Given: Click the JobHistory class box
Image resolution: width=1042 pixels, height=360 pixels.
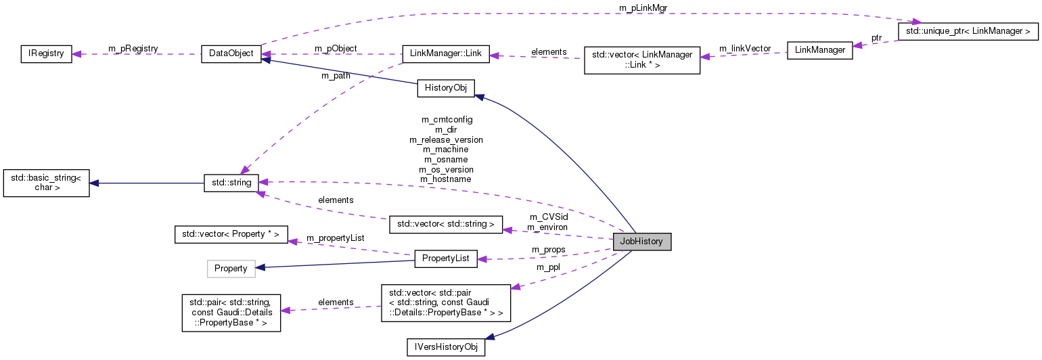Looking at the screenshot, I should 641,242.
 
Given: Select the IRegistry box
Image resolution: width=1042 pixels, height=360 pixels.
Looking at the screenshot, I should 45,54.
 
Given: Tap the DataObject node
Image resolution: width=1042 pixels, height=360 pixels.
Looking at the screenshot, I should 231,54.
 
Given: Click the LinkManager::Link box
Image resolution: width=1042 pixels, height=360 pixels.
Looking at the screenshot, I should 445,54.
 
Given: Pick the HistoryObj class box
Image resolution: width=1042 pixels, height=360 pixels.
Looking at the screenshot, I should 446,89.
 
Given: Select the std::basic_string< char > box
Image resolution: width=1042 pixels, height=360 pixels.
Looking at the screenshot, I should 47,183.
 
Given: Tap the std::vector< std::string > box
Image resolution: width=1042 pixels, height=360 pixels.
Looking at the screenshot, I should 446,224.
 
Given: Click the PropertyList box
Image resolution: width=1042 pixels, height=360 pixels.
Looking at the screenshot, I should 445,258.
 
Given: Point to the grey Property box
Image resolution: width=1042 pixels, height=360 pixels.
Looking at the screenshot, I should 231,269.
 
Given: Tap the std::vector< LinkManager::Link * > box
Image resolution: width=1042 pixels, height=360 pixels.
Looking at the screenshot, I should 641,60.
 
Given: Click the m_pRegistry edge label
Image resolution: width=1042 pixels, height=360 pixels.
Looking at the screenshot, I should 133,49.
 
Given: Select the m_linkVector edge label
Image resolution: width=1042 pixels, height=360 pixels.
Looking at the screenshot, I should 744,49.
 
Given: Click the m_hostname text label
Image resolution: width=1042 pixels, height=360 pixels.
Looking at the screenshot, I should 445,179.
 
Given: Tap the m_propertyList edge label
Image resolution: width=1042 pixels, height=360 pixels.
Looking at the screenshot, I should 336,238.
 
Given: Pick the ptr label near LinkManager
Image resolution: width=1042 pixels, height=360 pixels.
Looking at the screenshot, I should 876,38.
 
